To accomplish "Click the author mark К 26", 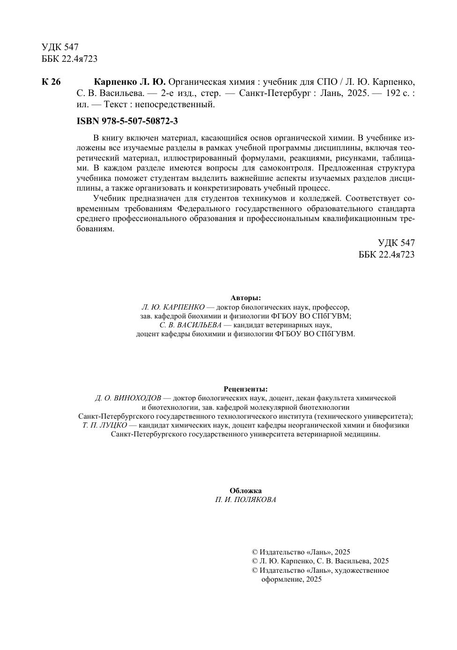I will [51, 82].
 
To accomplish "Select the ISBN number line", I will [127, 121].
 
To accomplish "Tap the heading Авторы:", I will [245, 298].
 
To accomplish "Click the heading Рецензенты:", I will [245, 389].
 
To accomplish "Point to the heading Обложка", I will [245, 490].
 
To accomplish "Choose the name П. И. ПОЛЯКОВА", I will [245, 500].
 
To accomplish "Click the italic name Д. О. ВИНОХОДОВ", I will [128, 398].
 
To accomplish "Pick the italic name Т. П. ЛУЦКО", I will [104, 425].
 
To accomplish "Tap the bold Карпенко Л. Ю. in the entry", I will [130, 82].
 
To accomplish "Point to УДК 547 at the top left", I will [60, 47].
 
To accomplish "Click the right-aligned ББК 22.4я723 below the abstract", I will [386, 255].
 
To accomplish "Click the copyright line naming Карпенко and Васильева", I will [320, 561].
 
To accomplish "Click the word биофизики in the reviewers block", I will [393, 425].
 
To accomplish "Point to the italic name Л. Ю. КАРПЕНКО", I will [173, 307].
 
